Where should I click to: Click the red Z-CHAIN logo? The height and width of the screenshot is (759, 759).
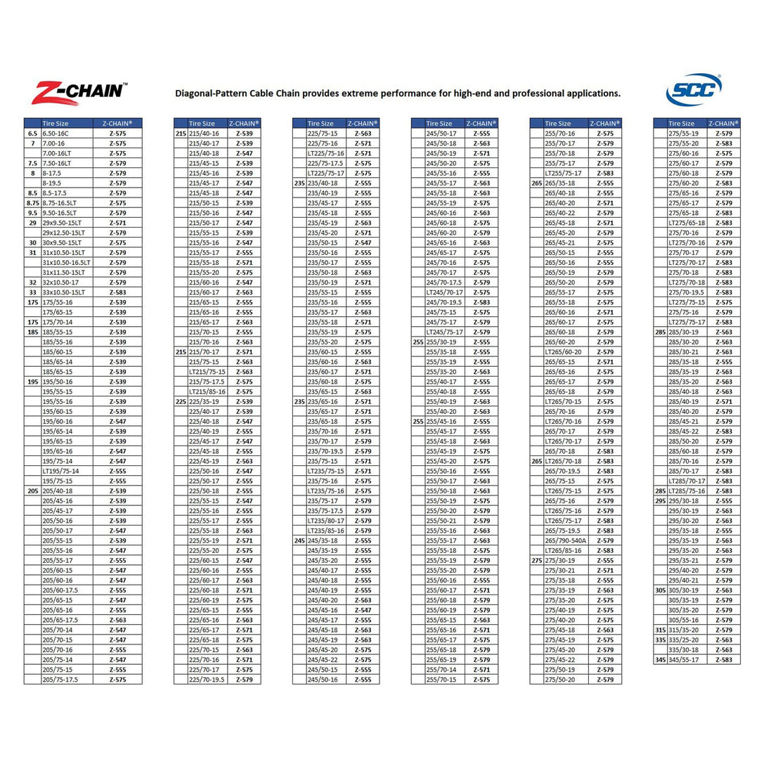(x=79, y=92)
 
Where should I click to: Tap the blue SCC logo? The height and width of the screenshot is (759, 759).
(x=694, y=91)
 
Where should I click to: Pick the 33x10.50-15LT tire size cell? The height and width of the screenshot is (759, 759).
(x=63, y=292)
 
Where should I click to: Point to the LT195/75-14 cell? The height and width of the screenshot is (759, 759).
(x=61, y=471)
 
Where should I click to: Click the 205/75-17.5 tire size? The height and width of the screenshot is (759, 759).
(x=60, y=680)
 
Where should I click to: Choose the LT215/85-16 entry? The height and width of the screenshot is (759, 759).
(x=207, y=391)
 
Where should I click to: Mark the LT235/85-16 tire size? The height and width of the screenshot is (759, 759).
(x=326, y=531)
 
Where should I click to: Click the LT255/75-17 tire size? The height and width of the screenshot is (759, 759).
(x=564, y=173)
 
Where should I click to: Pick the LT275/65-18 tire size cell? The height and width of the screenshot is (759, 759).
(x=687, y=223)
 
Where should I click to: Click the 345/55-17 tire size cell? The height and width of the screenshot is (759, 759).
(x=684, y=660)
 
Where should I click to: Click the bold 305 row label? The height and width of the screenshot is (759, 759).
(x=660, y=590)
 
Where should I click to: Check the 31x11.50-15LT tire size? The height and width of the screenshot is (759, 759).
(x=63, y=273)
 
